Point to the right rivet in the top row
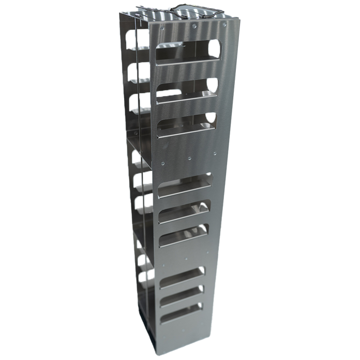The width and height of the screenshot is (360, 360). click(225, 21)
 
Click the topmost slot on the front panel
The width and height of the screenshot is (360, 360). click(186, 53)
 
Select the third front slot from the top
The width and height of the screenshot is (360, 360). click(186, 124)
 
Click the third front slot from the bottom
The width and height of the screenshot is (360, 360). click(182, 276)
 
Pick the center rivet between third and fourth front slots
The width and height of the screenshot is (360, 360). click(190, 157)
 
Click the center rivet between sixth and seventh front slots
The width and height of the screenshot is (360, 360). click(186, 258)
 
